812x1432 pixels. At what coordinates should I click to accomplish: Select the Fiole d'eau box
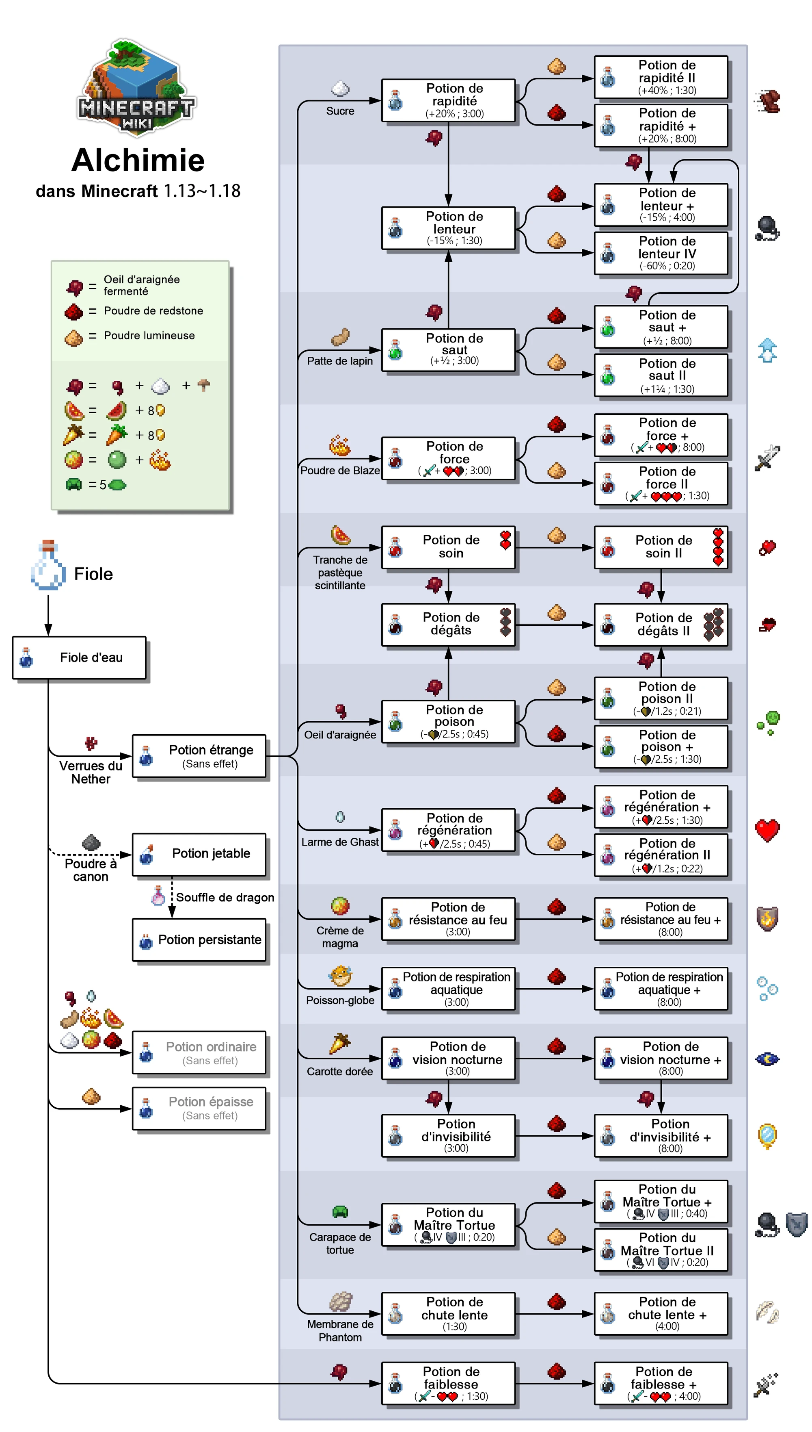pos(79,657)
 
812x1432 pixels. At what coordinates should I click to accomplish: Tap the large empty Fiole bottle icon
pos(48,565)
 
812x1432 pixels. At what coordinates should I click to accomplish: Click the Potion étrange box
pos(199,756)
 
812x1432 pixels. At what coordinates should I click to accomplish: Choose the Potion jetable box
pos(199,854)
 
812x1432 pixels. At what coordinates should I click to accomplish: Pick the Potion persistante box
pos(199,940)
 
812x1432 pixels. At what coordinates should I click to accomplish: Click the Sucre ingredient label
pos(340,111)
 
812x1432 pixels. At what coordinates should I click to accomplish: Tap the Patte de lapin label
pos(340,361)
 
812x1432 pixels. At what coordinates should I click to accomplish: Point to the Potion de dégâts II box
pos(661,625)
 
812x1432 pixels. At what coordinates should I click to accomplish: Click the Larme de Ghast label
pos(340,842)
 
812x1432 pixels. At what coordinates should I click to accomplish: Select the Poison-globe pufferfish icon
pos(340,976)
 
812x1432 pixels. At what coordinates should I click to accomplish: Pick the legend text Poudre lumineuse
pos(149,335)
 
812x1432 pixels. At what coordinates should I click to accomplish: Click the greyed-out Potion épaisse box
pos(199,1108)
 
